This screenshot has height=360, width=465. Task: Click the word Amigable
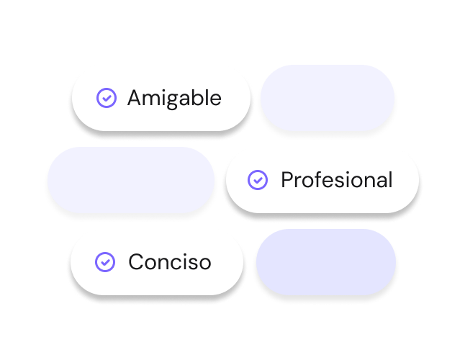coord(174,99)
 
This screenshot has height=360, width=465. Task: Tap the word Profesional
coord(337,180)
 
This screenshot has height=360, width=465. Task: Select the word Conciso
coord(170,262)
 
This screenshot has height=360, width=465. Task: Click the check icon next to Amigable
coord(107,98)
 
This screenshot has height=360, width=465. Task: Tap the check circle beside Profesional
coord(258,180)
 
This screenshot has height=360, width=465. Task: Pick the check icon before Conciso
coord(105,262)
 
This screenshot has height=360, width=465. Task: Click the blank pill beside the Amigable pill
coord(328,98)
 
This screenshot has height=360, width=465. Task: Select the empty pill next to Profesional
coord(131,180)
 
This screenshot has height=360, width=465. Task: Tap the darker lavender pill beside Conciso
coord(326,262)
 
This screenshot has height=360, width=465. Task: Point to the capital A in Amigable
coord(135,98)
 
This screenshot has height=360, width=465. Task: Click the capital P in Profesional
coord(287,180)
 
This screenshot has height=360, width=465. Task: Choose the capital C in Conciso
coord(137,262)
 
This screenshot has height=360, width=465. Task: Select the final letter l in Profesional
coord(390,179)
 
